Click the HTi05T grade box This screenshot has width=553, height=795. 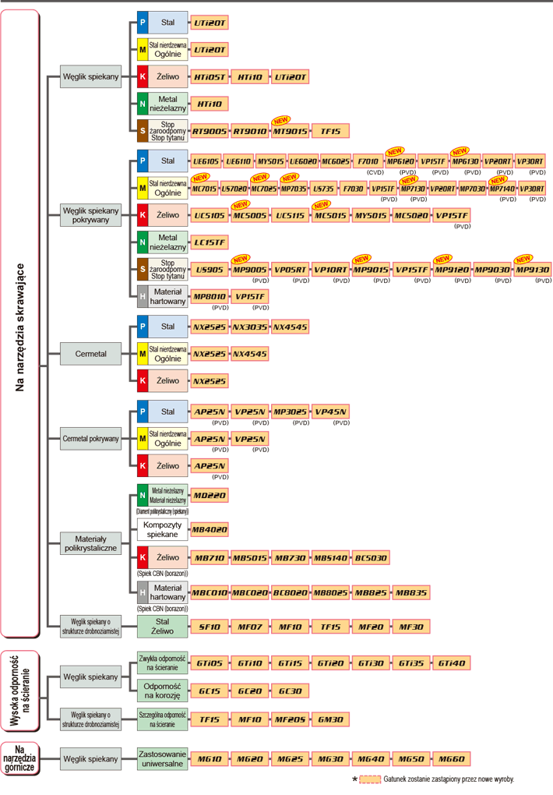tap(210, 76)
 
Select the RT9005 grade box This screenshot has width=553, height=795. tap(210, 130)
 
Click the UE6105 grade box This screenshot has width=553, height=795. tap(206, 161)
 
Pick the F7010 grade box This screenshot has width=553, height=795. tap(366, 161)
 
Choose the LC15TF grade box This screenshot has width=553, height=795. tap(210, 242)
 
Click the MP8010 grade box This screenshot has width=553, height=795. tap(210, 297)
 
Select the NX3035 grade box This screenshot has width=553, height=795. tap(250, 327)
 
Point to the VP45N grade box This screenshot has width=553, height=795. tap(330, 411)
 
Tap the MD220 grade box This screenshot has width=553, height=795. tap(210, 495)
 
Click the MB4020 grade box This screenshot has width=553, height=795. tap(210, 529)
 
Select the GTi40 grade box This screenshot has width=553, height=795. tap(452, 663)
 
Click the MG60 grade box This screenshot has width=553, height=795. tap(452, 758)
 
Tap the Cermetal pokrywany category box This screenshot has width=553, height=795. tap(91, 439)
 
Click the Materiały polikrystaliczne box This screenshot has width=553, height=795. tap(91, 543)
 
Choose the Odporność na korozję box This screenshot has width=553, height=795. tap(162, 690)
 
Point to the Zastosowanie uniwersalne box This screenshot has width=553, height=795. tap(162, 758)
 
